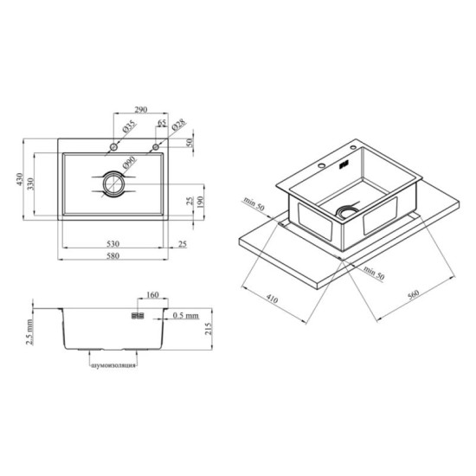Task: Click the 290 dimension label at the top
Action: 141,109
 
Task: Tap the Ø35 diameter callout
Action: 130,126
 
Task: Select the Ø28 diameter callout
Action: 178,125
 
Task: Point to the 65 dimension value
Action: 162,122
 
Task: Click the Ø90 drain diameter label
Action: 129,163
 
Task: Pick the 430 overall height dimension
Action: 19,179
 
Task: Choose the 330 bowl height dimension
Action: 30,184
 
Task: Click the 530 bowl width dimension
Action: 113,243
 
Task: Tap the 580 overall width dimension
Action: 113,255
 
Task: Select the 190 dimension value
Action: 200,202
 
